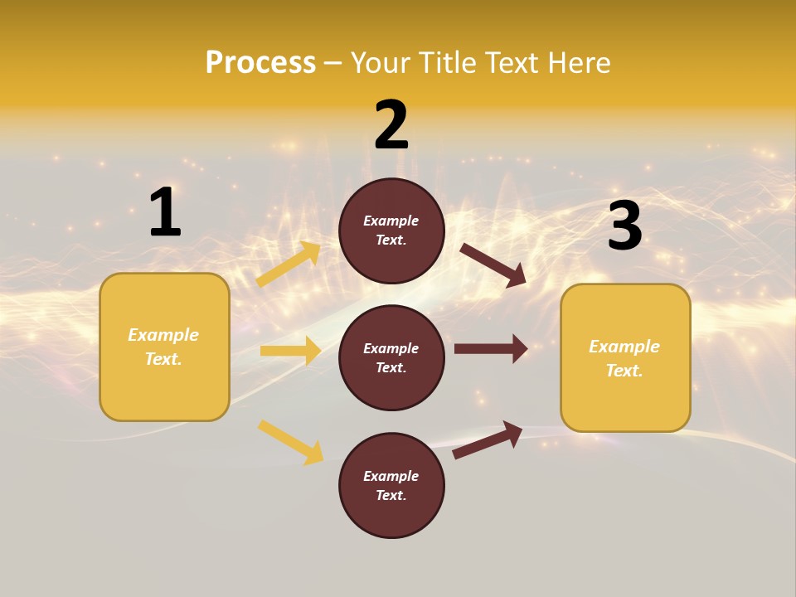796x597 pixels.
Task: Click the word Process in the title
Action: [260, 62]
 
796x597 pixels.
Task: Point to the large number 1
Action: [165, 212]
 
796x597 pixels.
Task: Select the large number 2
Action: [391, 125]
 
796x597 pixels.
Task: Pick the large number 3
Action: [624, 226]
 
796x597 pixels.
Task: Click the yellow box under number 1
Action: [164, 347]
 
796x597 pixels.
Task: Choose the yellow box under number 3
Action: [625, 358]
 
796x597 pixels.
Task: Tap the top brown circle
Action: [391, 231]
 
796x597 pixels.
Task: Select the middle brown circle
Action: [391, 357]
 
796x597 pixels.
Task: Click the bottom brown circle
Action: [391, 485]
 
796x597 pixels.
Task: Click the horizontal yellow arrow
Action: [291, 351]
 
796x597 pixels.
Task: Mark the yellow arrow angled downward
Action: [291, 442]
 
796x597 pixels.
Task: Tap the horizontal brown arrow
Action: [491, 348]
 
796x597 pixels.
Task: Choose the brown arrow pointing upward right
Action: [488, 439]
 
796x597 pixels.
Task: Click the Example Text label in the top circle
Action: [391, 231]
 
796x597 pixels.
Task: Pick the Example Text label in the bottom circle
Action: [391, 486]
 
